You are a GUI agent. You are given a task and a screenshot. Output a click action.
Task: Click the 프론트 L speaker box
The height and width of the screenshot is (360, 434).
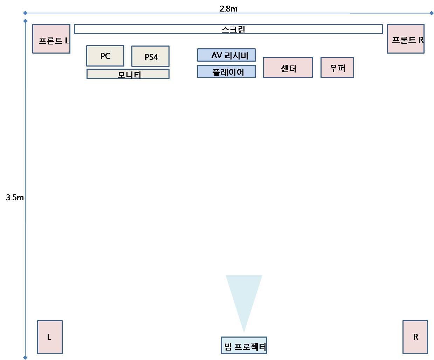click(51, 39)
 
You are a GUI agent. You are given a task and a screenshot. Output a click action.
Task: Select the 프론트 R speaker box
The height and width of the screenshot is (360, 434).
click(405, 39)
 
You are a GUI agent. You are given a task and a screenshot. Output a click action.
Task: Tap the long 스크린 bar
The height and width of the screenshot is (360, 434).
click(228, 29)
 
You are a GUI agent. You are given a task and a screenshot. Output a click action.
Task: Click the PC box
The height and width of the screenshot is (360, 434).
click(105, 56)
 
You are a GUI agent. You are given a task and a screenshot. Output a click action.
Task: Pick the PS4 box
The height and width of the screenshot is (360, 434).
click(150, 56)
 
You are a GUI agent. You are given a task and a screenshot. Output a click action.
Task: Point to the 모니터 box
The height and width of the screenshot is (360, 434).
click(128, 74)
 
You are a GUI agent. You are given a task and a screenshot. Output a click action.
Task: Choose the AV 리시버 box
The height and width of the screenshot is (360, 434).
click(226, 55)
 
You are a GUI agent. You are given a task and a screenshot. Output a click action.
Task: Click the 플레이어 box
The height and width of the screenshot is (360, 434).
click(226, 71)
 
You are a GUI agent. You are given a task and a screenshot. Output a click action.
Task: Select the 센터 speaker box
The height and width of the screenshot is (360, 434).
click(288, 68)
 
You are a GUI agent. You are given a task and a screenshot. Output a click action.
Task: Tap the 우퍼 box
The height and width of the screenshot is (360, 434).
click(337, 68)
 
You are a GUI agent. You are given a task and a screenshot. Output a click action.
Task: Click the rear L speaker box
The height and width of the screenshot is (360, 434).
click(50, 337)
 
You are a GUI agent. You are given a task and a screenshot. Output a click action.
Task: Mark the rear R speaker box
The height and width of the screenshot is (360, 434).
click(415, 337)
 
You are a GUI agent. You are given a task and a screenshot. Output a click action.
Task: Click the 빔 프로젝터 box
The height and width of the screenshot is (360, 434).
click(244, 346)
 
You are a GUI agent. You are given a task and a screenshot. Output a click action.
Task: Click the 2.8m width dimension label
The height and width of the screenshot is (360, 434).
click(228, 9)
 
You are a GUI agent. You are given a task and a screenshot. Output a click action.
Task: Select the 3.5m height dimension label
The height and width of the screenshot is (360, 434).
click(15, 198)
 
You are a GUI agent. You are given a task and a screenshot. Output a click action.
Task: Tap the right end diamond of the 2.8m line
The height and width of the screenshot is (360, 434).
click(431, 13)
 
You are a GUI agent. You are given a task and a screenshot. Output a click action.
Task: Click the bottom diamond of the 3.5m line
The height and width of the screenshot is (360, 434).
click(25, 358)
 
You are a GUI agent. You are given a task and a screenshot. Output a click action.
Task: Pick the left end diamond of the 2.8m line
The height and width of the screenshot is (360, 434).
click(25, 13)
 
